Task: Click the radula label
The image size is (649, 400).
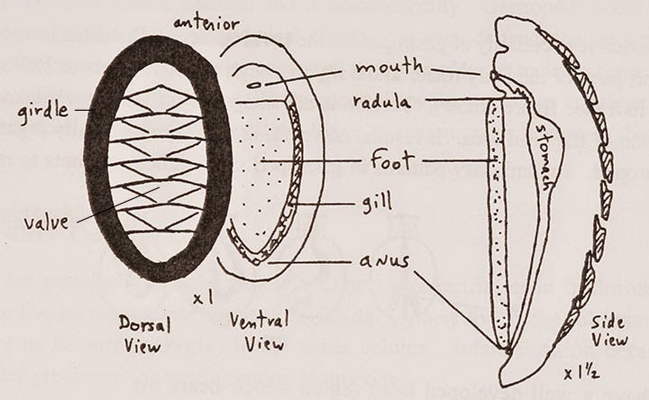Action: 384,102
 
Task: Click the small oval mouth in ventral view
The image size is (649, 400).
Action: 255,86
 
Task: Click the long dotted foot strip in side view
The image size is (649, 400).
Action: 498,225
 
